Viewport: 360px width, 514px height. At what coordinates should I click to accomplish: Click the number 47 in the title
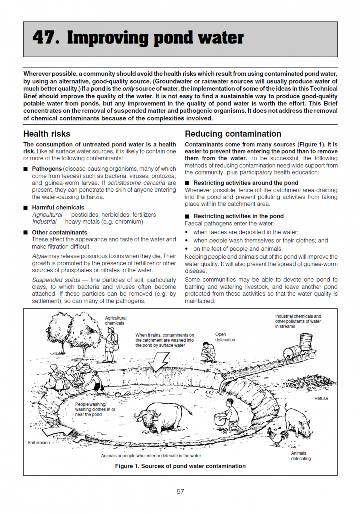tap(45, 38)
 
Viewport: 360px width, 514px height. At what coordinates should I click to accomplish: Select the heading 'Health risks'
tap(47, 134)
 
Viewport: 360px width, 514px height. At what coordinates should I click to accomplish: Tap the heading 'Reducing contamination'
tap(233, 134)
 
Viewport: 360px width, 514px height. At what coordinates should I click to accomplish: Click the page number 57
tap(180, 491)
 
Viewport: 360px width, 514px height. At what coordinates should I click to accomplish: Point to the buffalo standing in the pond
tap(162, 417)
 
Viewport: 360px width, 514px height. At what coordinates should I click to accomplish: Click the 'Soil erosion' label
tap(39, 443)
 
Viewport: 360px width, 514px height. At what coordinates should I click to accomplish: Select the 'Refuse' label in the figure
tap(321, 398)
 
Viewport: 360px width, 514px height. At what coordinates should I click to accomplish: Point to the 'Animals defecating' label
tap(300, 456)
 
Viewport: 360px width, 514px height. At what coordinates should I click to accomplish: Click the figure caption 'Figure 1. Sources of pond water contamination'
tap(180, 466)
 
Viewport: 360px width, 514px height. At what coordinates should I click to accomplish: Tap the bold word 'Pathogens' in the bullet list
tap(47, 169)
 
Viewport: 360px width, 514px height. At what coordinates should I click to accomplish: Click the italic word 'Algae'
tap(40, 255)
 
